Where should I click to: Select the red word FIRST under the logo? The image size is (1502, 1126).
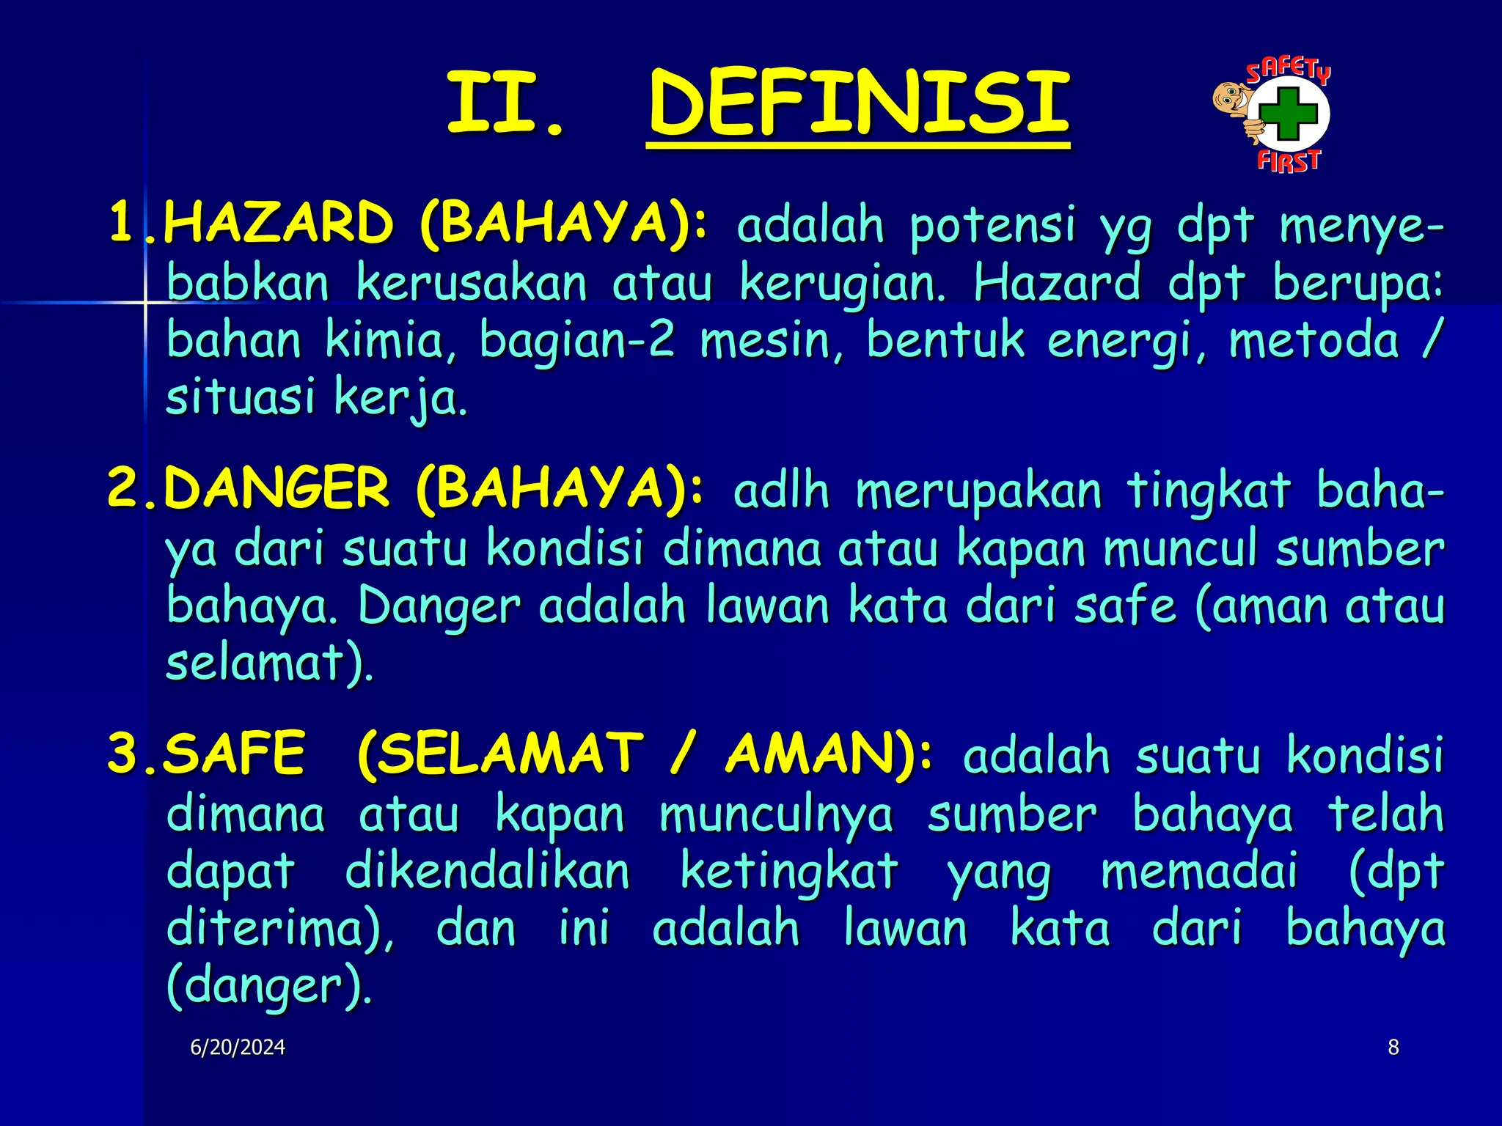click(x=1289, y=161)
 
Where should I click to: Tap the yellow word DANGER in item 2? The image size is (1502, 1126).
click(x=275, y=488)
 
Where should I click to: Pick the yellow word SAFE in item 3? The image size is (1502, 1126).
click(x=233, y=754)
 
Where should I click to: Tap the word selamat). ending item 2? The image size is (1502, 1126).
click(x=270, y=663)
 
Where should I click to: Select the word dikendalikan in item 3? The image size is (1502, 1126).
click(x=487, y=872)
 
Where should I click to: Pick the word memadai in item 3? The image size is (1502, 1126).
click(x=1199, y=872)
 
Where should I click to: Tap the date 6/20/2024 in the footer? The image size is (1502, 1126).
click(x=238, y=1048)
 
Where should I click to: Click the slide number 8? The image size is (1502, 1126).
click(x=1393, y=1048)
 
